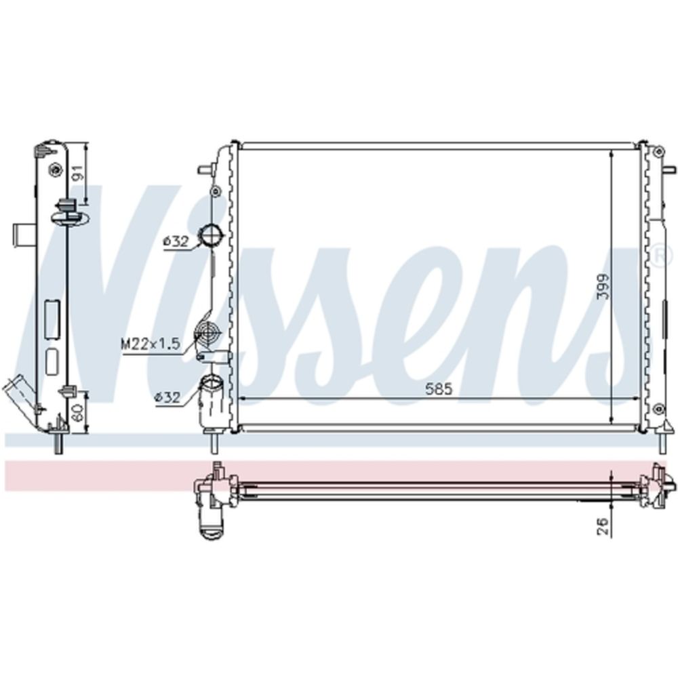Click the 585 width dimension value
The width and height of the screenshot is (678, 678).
pyautogui.click(x=439, y=389)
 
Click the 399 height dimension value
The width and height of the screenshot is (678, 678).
pyautogui.click(x=603, y=286)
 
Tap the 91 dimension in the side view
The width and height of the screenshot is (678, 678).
pyautogui.click(x=78, y=173)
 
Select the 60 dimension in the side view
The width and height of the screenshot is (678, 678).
pyautogui.click(x=78, y=412)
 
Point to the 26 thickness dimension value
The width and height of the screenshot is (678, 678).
pyautogui.click(x=603, y=526)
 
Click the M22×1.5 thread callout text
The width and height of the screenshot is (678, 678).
pyautogui.click(x=150, y=344)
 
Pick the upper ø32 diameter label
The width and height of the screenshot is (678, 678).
pyautogui.click(x=176, y=242)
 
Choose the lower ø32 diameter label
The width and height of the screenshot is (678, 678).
pyautogui.click(x=167, y=397)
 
